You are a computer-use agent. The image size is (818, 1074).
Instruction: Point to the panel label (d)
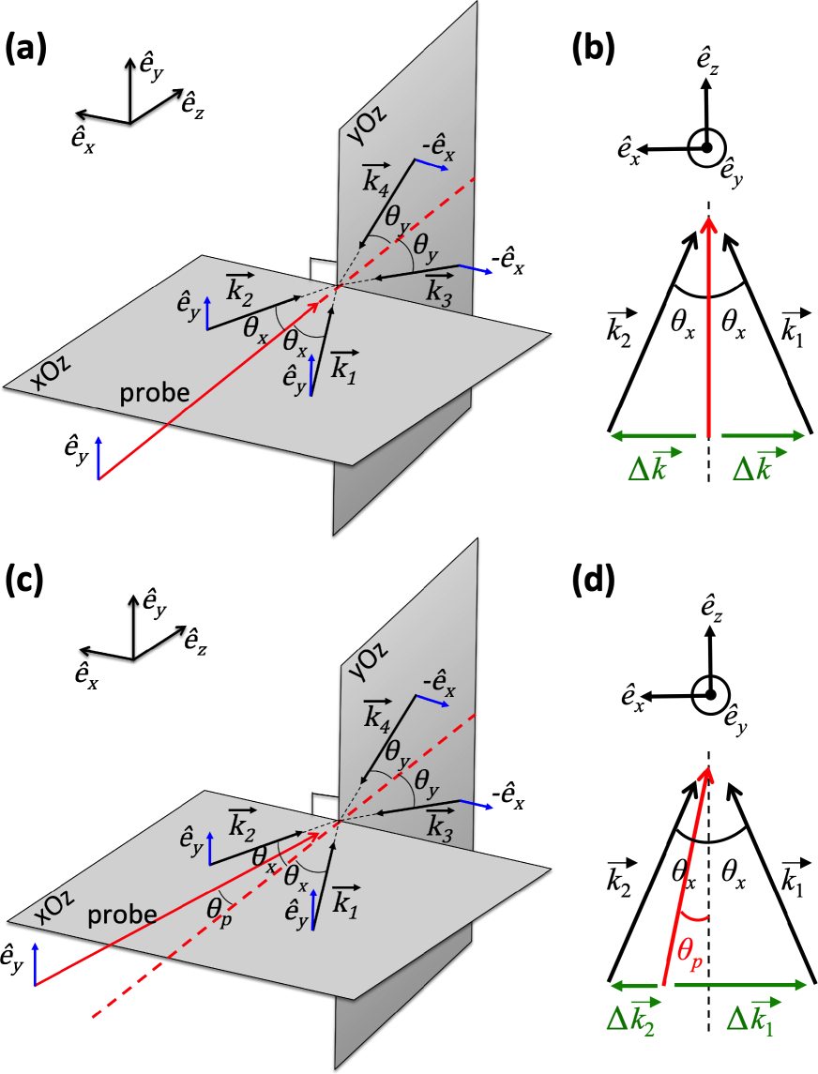click(593, 582)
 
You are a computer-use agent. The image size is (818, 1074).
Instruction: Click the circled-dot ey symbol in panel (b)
click(704, 146)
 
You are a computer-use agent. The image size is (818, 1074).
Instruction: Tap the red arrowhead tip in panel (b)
click(708, 217)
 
